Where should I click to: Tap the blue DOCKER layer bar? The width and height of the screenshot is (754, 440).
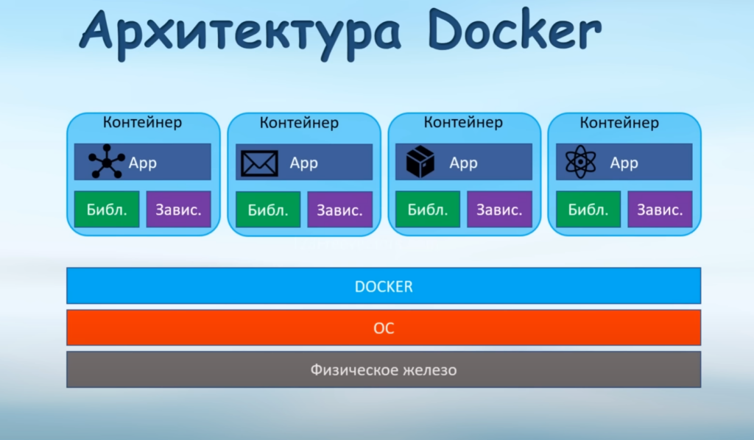tap(383, 286)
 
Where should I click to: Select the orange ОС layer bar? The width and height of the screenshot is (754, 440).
tap(383, 327)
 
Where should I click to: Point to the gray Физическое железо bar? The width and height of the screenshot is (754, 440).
tap(383, 369)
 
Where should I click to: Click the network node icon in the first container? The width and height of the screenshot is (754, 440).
tap(107, 162)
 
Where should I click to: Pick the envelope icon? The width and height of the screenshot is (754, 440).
tap(260, 163)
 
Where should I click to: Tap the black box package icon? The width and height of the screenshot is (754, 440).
tap(420, 162)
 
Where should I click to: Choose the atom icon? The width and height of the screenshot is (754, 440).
tap(580, 162)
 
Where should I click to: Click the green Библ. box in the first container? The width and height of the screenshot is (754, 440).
tap(107, 210)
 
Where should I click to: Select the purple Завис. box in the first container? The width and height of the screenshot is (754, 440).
tap(179, 210)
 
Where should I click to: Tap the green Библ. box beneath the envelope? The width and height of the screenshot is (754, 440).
tap(268, 210)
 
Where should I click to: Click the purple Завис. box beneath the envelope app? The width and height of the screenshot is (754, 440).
tap(339, 210)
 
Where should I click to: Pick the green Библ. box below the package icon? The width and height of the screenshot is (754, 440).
tap(428, 210)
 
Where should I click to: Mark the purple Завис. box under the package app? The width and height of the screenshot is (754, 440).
tap(499, 210)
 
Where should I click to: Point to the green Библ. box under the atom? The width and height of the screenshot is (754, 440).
tap(588, 210)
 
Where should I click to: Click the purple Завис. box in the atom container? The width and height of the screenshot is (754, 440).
tap(660, 210)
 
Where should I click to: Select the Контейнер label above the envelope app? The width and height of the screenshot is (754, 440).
tap(299, 122)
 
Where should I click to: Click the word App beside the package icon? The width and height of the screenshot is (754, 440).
tap(463, 163)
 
